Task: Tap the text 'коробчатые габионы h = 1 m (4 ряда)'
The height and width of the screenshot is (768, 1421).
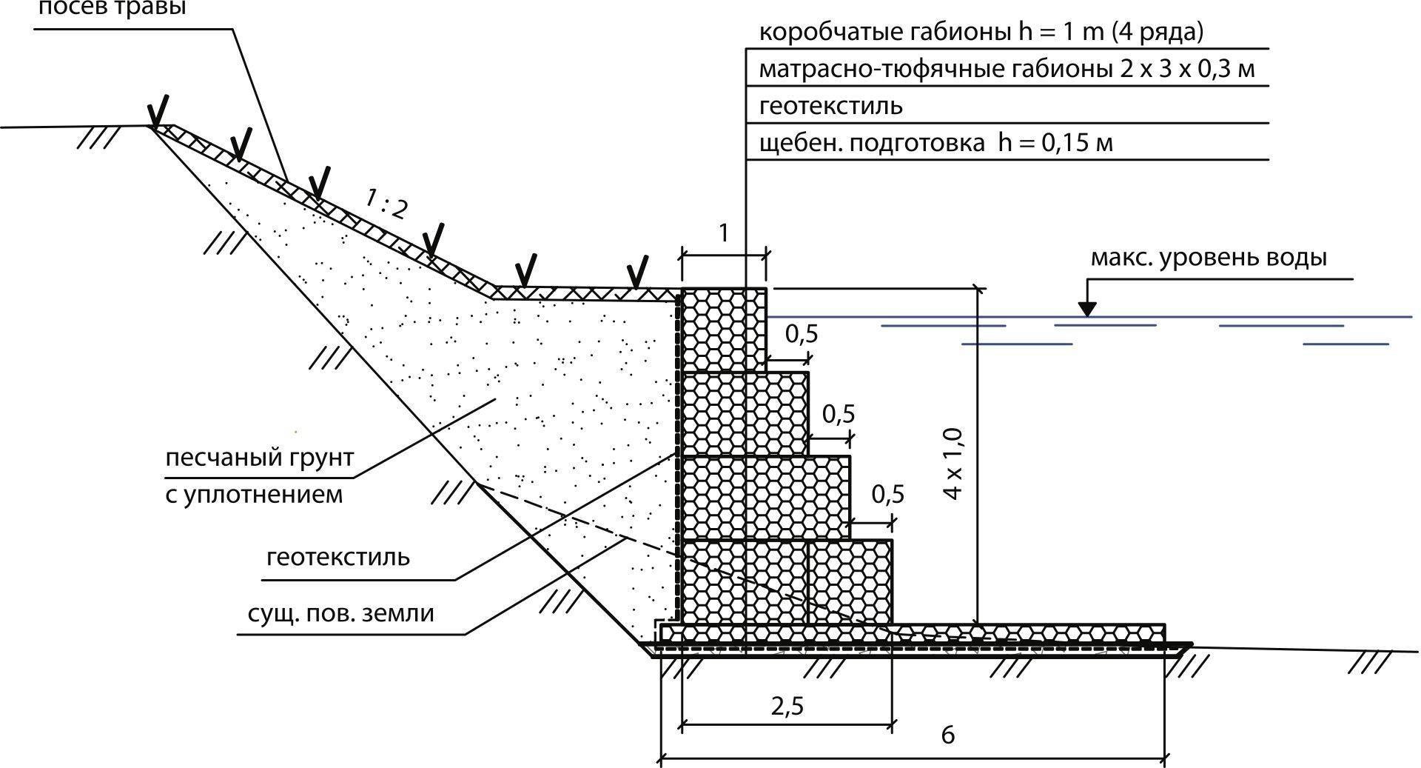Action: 981,33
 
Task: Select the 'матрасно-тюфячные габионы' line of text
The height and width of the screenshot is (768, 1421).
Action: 1007,70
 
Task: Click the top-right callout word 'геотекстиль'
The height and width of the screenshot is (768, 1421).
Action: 830,106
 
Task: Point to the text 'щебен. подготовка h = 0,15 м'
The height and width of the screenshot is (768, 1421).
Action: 935,142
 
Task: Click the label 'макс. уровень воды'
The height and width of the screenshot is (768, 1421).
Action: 1209,258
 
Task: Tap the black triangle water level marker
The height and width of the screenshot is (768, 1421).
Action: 1086,307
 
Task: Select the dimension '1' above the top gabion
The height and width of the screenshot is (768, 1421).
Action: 724,233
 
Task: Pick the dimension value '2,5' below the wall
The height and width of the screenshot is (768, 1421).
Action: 787,706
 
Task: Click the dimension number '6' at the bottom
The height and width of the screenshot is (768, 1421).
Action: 947,735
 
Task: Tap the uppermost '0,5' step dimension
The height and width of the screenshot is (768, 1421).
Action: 802,334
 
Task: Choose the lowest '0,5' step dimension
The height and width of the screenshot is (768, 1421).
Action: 887,494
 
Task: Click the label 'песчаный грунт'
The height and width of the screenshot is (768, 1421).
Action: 259,457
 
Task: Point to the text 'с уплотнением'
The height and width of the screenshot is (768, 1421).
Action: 254,494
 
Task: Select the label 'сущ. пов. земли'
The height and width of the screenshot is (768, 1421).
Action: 340,613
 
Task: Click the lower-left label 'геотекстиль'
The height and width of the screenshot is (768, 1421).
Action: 337,556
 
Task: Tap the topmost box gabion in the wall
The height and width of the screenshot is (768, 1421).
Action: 724,329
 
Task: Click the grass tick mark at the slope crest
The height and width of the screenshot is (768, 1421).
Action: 158,111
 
